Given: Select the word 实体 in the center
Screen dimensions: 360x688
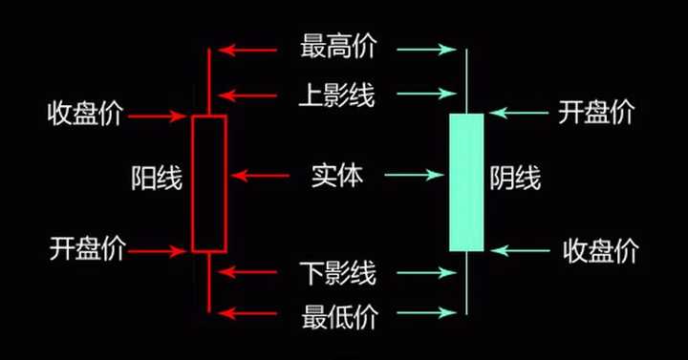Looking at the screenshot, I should [336, 175].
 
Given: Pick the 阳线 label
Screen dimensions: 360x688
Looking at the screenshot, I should [157, 178].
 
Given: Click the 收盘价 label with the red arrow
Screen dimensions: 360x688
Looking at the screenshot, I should [85, 116].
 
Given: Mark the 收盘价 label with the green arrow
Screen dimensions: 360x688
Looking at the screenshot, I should [600, 251].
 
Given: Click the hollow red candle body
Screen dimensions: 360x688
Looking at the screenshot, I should [208, 183].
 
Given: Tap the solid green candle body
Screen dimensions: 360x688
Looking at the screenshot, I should [466, 181].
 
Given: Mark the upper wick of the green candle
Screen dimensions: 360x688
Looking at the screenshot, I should [466, 81].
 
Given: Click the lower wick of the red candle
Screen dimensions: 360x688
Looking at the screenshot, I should [208, 282].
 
